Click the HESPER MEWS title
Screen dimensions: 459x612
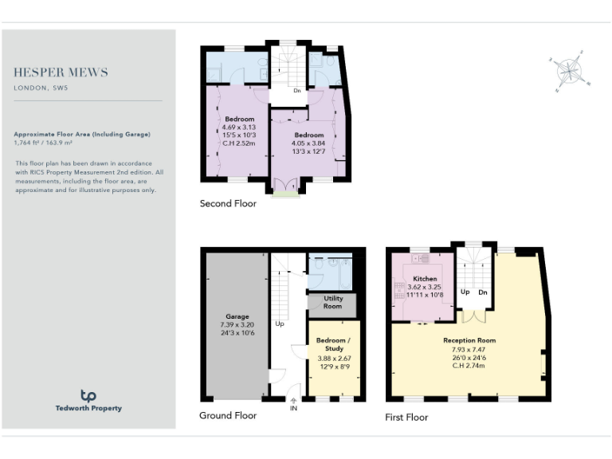(61, 73)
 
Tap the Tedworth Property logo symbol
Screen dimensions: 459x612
(88, 396)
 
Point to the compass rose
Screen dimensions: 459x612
(569, 73)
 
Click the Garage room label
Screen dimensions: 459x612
(237, 316)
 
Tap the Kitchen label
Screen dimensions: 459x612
(424, 279)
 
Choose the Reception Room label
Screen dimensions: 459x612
(469, 340)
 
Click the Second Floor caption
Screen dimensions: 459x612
(228, 204)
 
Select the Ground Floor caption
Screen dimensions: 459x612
(228, 415)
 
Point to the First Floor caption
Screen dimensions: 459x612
(407, 417)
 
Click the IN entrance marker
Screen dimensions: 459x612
(294, 408)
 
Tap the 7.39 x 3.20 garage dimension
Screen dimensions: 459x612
(237, 325)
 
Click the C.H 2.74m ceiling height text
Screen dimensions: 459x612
(469, 363)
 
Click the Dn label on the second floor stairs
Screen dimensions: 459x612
(296, 91)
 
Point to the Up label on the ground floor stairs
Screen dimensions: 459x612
(280, 324)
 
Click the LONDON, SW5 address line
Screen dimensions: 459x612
(41, 88)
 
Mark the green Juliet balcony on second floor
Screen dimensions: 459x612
(283, 191)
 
